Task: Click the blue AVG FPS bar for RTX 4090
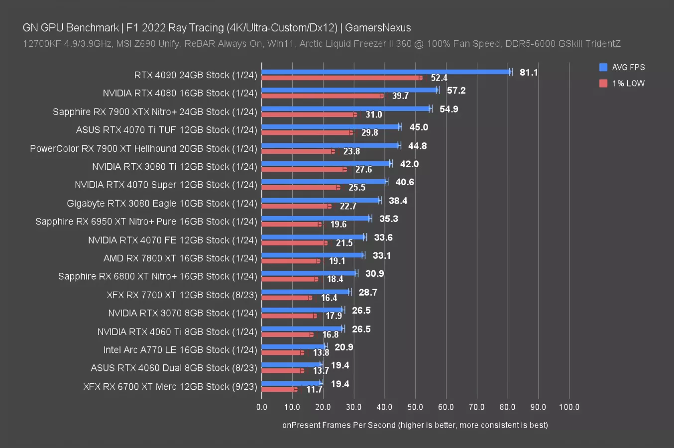pos(386,72)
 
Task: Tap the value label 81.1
pos(529,72)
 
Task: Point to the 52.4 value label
pos(439,78)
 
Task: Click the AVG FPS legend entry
pos(622,67)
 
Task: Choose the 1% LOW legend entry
pos(622,83)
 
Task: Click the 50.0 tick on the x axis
pos(415,407)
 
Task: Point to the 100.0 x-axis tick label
pos(569,407)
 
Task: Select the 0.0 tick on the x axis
pos(262,407)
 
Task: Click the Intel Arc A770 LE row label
pos(180,350)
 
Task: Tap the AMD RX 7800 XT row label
pos(180,258)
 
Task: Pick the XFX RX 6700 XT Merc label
pos(170,387)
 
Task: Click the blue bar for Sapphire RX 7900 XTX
pos(346,109)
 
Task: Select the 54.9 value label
pos(449,109)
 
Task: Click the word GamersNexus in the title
pos(378,28)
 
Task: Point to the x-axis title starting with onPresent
pos(415,425)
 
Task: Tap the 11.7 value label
pos(314,389)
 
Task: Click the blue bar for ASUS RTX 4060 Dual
pos(292,364)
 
